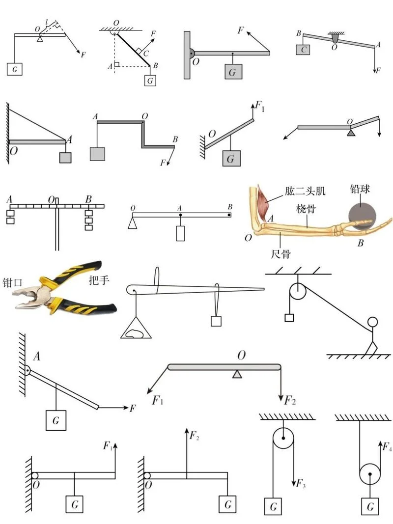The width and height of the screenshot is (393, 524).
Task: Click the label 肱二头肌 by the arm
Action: (x=305, y=191)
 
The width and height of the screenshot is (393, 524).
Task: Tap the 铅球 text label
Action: (x=360, y=189)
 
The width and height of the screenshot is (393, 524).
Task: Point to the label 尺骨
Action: (x=281, y=254)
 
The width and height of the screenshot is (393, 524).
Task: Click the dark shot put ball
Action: (x=362, y=216)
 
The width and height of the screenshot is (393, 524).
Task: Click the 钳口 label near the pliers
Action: (x=12, y=282)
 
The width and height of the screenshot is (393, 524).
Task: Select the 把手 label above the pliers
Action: (x=99, y=280)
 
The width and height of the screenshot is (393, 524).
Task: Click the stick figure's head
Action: (x=372, y=322)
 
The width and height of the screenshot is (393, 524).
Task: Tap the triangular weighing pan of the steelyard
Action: (x=136, y=329)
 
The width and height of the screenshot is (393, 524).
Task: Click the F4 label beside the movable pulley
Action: (x=387, y=446)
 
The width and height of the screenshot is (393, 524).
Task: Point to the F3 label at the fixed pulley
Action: (x=301, y=483)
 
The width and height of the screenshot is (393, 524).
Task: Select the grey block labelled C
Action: (x=303, y=50)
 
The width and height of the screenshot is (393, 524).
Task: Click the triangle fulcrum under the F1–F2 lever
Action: (x=237, y=374)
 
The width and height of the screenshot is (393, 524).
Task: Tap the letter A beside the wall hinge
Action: (x=37, y=356)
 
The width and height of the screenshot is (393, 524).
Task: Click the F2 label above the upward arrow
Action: (x=195, y=436)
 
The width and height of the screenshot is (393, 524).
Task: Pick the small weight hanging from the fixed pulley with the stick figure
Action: (x=289, y=317)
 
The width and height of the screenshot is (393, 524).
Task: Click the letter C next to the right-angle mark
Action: (x=146, y=54)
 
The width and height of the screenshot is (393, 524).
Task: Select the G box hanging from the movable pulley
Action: (x=370, y=506)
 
